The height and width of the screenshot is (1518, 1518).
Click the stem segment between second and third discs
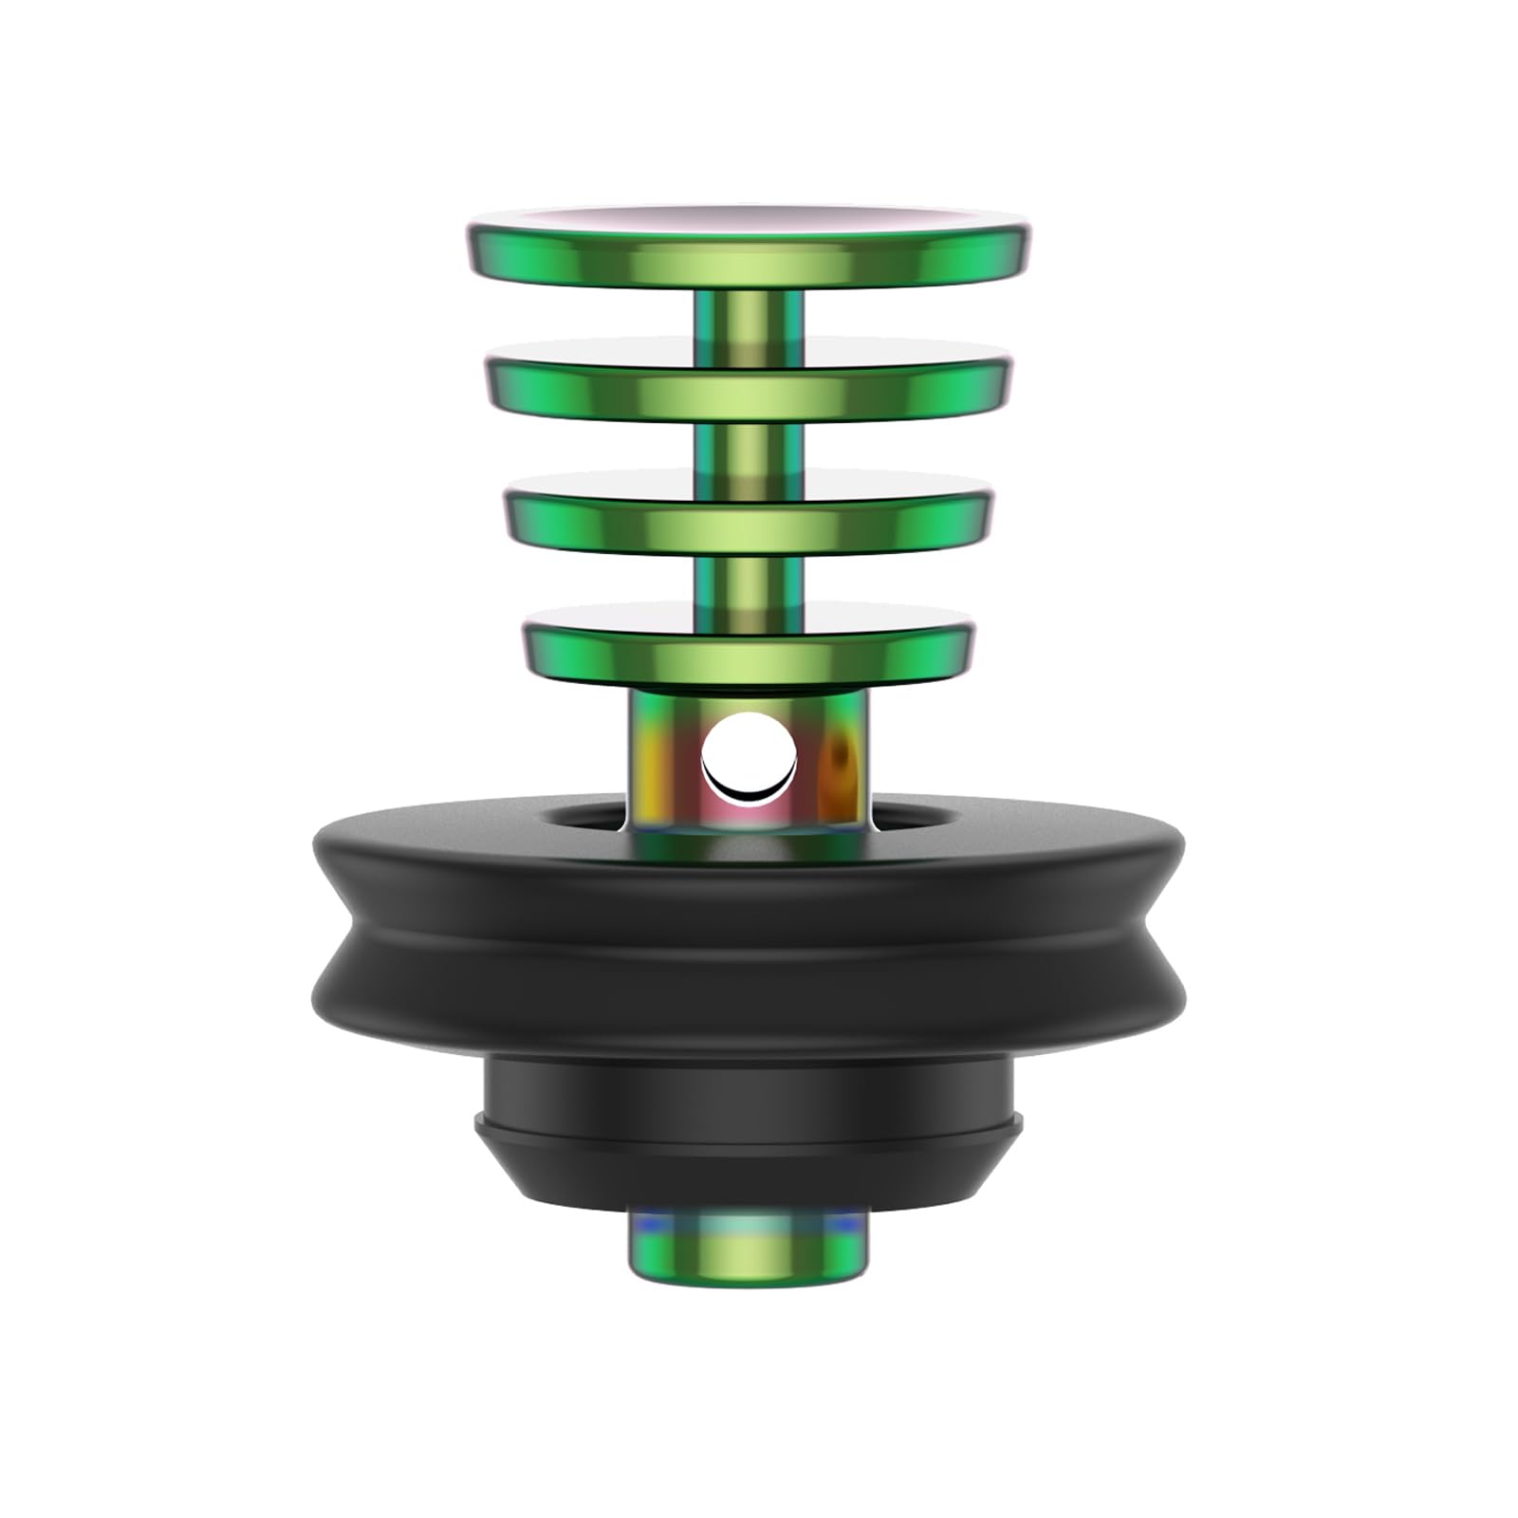(749, 447)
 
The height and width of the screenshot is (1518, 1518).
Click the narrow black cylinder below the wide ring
(749, 1087)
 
